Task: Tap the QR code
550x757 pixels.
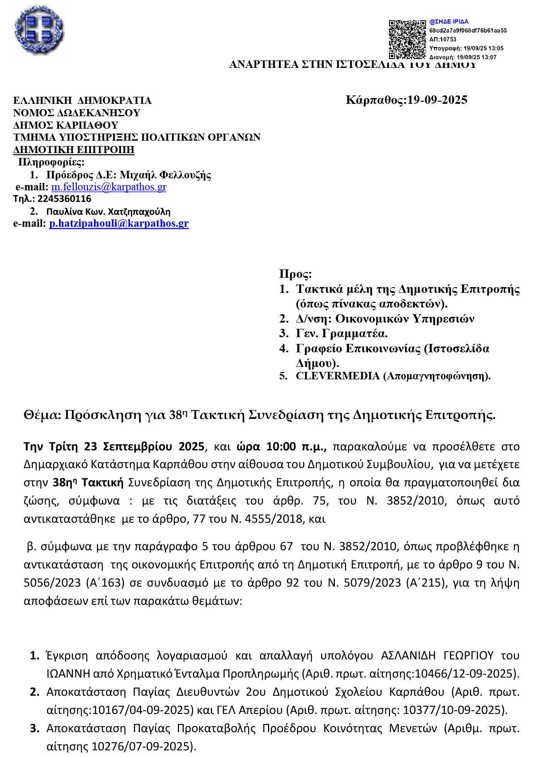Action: tap(407, 39)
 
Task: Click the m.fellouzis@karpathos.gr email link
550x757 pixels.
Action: tap(109, 187)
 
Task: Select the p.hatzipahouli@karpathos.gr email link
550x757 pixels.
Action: tap(119, 223)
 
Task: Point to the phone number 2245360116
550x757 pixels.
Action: tap(64, 199)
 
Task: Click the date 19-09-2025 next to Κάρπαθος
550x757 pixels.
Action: tap(437, 100)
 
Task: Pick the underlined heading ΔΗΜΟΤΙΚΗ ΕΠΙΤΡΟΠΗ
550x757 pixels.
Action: tap(74, 150)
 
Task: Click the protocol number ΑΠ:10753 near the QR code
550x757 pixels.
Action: tap(443, 39)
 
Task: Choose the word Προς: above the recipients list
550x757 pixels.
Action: tap(295, 274)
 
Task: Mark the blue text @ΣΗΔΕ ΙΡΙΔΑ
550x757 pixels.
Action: tap(449, 21)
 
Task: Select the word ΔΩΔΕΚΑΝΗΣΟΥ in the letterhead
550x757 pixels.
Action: tap(99, 113)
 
